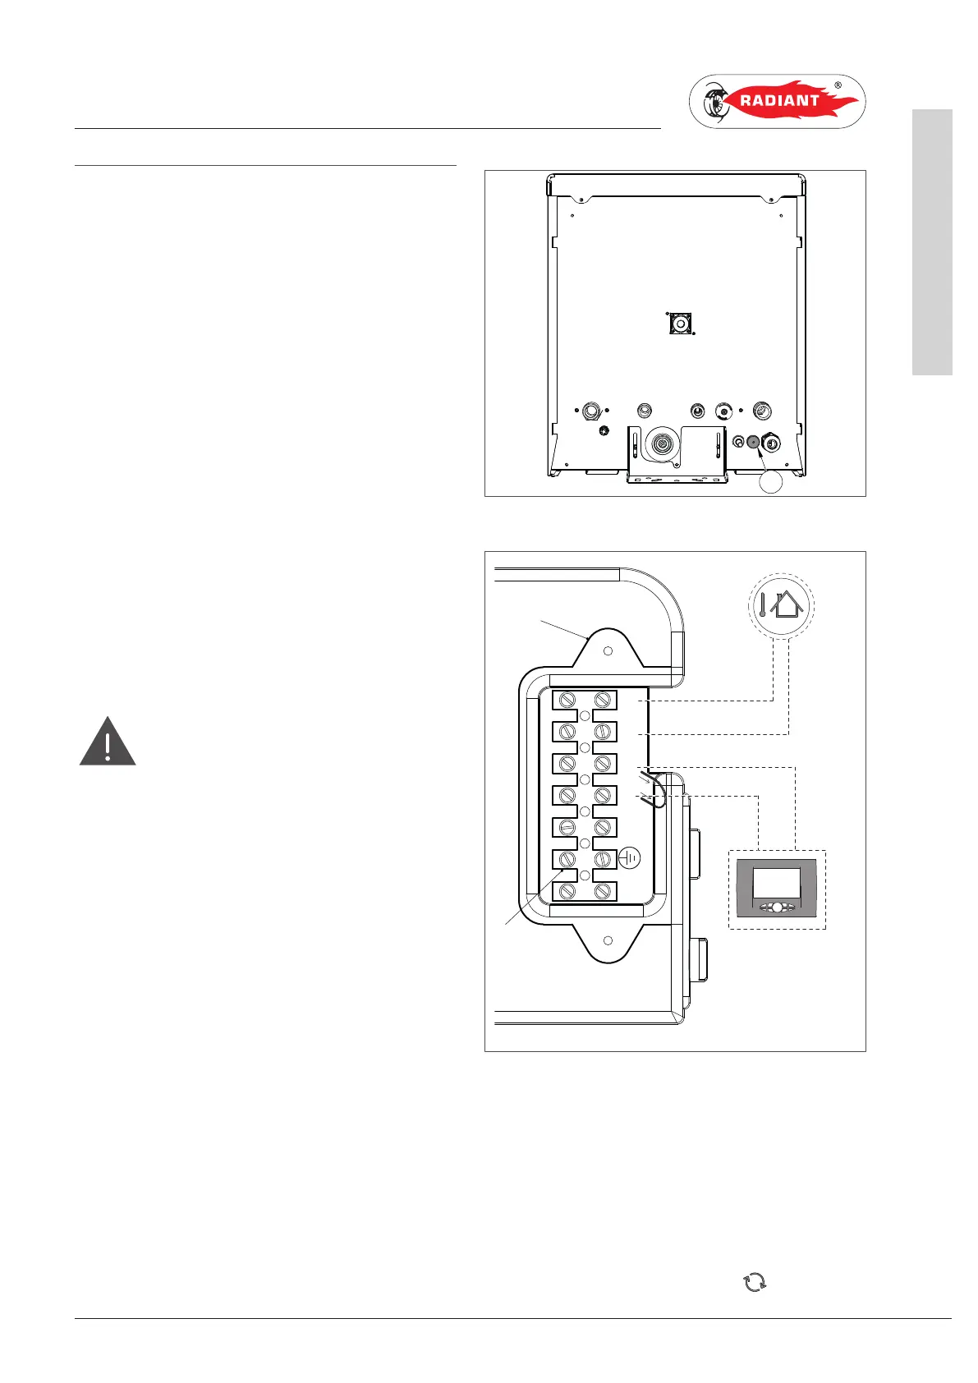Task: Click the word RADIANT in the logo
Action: coord(768,101)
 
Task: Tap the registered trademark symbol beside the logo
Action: coord(838,85)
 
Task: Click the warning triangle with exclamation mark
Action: coord(108,742)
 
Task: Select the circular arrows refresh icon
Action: coord(754,1282)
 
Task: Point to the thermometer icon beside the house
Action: coord(762,606)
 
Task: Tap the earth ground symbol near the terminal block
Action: coord(629,858)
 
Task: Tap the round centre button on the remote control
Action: coord(777,908)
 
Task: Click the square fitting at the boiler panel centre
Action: coord(681,324)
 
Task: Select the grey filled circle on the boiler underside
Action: coord(753,442)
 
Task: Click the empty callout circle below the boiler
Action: coord(770,482)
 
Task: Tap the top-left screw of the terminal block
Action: coord(567,700)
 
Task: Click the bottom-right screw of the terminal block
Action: coord(604,892)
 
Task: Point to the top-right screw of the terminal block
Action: coord(604,700)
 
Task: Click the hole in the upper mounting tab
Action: coord(608,651)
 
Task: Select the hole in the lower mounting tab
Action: coord(608,940)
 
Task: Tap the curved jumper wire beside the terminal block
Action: coord(657,790)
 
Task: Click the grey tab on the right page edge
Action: coord(932,242)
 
